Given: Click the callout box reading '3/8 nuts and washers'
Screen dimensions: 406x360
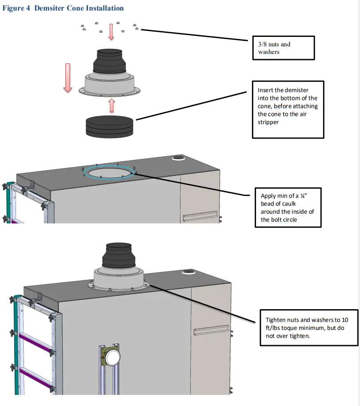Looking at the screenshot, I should pos(283,48).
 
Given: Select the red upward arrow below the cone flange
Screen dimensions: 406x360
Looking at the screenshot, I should pos(112,105).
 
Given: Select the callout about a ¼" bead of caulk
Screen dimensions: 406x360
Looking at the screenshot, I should pos(288,207).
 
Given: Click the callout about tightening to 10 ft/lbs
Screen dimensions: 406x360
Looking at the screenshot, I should pos(308,328).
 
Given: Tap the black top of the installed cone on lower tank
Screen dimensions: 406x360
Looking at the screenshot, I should pos(119,256).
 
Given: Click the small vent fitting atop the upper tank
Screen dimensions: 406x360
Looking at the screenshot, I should pos(178,158).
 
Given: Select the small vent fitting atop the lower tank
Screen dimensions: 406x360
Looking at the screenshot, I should pos(189,272).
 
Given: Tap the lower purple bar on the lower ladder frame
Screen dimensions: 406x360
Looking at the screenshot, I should pos(36,379).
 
